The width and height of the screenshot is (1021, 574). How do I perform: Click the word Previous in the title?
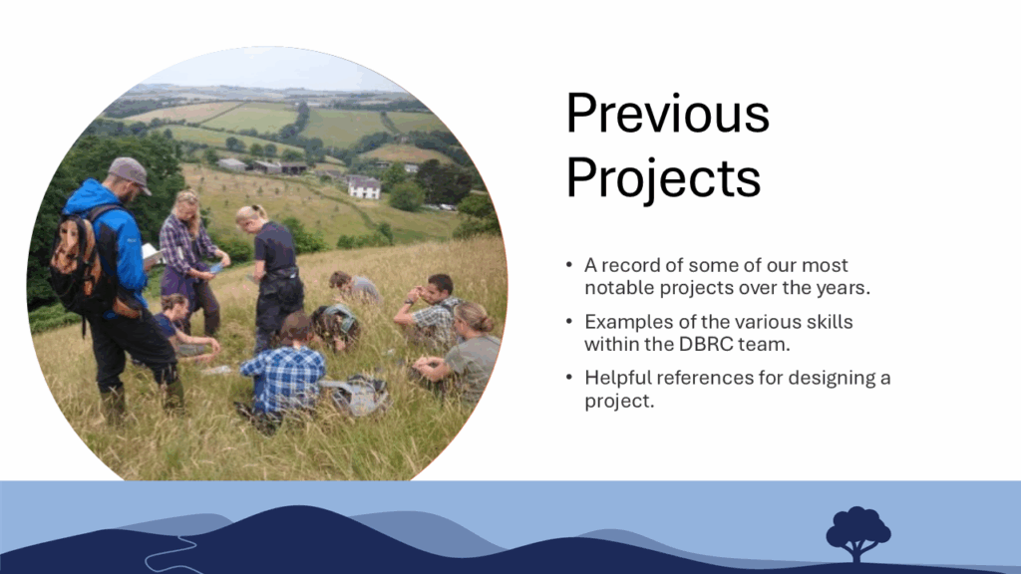(667, 114)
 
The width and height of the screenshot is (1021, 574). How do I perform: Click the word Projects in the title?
(663, 178)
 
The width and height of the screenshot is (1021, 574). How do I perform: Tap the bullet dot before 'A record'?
(569, 265)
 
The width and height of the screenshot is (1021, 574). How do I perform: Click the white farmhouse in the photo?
(364, 188)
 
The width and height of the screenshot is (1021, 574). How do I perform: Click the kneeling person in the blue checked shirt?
(284, 373)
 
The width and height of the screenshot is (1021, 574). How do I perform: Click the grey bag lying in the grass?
(357, 395)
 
